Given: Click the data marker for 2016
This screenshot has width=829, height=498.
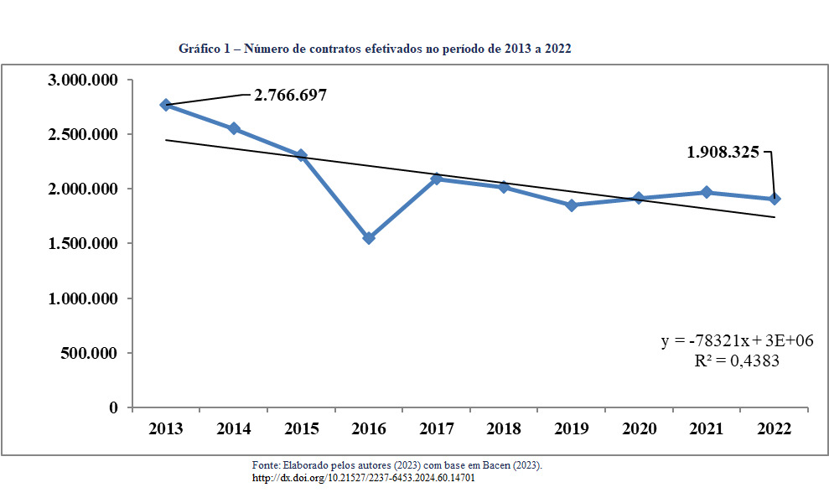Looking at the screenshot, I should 369,238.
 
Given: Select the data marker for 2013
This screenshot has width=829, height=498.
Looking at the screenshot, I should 166,105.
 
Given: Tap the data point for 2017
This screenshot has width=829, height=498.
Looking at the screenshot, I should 436,179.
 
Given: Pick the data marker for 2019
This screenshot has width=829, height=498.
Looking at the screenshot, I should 572,205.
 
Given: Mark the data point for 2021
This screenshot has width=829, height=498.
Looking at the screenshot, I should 707,192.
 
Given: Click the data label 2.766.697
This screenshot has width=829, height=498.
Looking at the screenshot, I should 290,95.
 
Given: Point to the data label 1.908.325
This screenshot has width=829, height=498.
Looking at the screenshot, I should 723,153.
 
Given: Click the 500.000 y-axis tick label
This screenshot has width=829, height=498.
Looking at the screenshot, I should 90,353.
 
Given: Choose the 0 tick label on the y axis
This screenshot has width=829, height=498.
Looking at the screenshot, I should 113,407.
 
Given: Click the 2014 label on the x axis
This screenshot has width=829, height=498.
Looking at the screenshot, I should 234,428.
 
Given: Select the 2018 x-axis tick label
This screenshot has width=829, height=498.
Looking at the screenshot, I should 504,428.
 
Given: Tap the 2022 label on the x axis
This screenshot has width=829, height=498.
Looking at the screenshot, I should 774,428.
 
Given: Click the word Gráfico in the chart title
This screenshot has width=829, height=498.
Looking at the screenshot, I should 198,49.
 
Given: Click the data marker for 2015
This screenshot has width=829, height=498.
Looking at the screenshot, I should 301,156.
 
